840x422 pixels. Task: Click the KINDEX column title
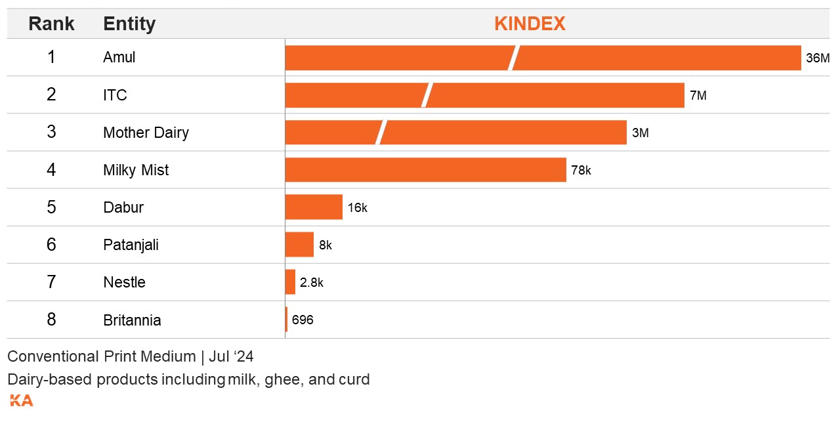click(530, 24)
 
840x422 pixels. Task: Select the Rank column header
click(51, 24)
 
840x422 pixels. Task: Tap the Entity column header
click(129, 24)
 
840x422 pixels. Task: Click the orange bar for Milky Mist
click(425, 170)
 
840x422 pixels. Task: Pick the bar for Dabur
click(314, 207)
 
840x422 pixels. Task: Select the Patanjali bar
click(299, 245)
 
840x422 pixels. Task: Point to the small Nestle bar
click(290, 282)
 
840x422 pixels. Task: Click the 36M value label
click(818, 58)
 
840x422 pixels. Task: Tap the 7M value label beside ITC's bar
click(698, 95)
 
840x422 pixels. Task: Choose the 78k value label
click(581, 170)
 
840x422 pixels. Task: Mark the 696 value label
click(303, 320)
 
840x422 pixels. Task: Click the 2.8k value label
click(312, 282)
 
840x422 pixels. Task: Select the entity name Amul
click(119, 58)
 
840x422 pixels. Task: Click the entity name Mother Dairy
click(146, 133)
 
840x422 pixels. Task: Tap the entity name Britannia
click(132, 320)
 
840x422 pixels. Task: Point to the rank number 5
click(51, 207)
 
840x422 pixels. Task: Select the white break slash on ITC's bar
click(427, 95)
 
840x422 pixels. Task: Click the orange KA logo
click(21, 400)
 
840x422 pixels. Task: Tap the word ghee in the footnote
click(281, 379)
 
